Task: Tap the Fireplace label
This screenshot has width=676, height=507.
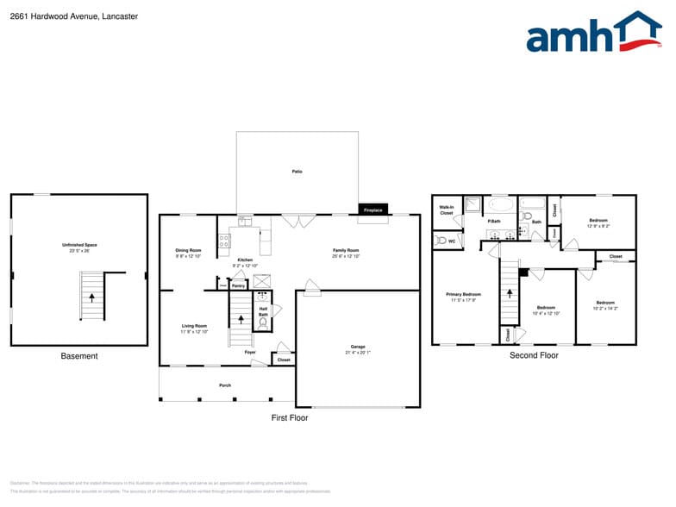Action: click(372, 210)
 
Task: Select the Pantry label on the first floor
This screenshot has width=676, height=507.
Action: click(238, 285)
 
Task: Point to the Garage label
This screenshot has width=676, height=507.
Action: click(357, 347)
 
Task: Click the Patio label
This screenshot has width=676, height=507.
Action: click(297, 172)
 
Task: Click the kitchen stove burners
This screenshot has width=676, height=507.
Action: click(224, 242)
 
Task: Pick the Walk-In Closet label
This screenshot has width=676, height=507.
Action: click(446, 210)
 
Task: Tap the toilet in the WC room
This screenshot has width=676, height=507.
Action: click(440, 241)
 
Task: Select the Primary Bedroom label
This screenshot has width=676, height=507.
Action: click(463, 295)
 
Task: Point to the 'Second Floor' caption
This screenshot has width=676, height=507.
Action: click(534, 355)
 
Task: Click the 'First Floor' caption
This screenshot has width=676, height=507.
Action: click(289, 417)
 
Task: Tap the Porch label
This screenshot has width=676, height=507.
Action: click(224, 385)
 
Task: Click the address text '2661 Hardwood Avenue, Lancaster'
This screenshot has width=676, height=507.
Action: click(61, 16)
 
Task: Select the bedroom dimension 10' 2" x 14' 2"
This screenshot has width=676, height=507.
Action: click(606, 308)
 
